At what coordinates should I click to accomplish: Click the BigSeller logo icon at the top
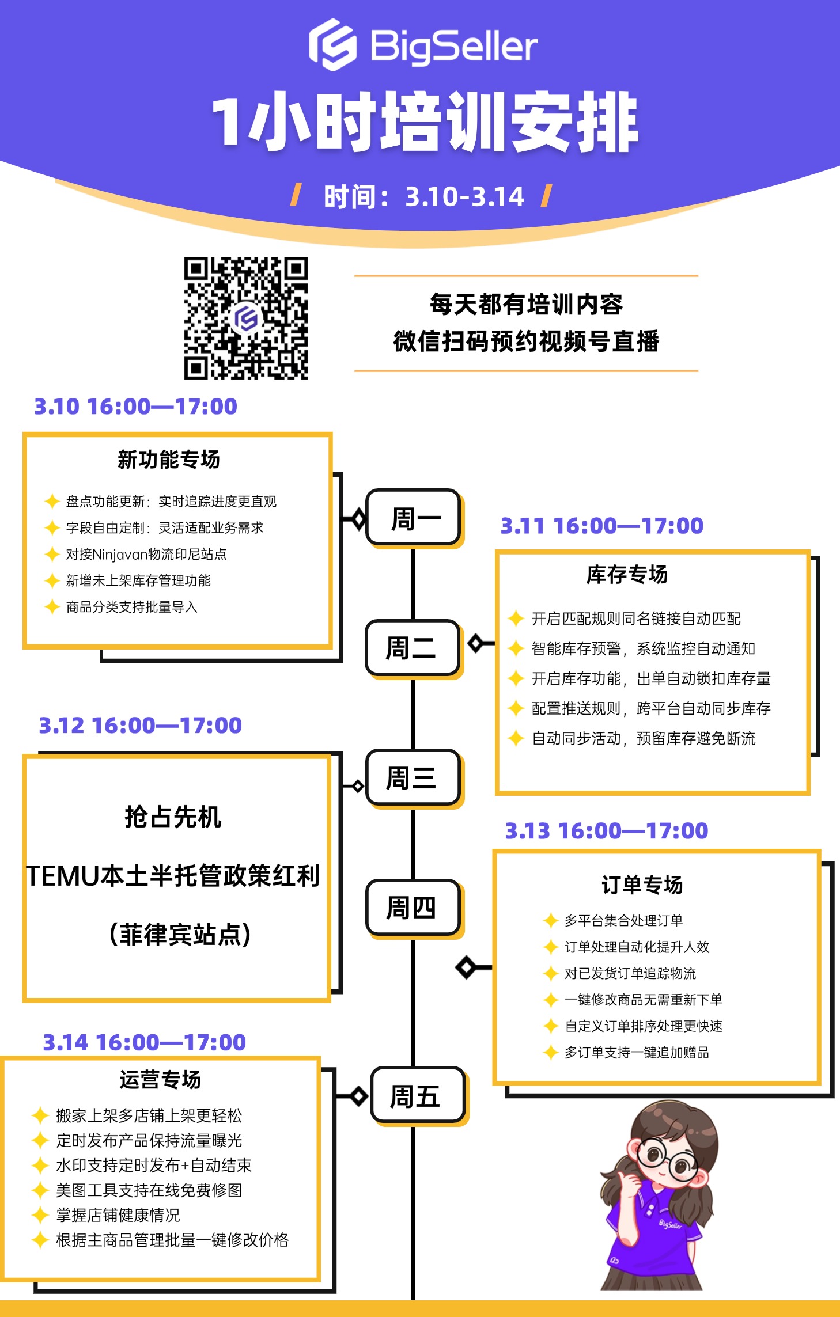click(333, 45)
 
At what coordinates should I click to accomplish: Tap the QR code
click(246, 318)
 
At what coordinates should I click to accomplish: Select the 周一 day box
click(413, 517)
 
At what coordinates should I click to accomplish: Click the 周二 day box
click(413, 647)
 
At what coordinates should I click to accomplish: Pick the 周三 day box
click(413, 777)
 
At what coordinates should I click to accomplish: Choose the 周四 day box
click(413, 908)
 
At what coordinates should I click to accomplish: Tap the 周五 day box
click(418, 1095)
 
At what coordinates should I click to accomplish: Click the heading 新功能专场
click(168, 460)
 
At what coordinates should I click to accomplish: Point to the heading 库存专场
click(627, 574)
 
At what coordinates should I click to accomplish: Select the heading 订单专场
click(642, 885)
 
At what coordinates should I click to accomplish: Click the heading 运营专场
click(160, 1079)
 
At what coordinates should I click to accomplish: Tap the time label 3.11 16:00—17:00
click(602, 526)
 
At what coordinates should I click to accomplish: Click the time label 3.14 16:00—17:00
click(145, 1042)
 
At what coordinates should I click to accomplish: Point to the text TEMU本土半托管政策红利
click(173, 876)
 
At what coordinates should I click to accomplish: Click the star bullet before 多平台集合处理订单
click(551, 920)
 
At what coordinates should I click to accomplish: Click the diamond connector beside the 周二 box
click(476, 643)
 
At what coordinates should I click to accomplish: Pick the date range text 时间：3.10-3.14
click(424, 197)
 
